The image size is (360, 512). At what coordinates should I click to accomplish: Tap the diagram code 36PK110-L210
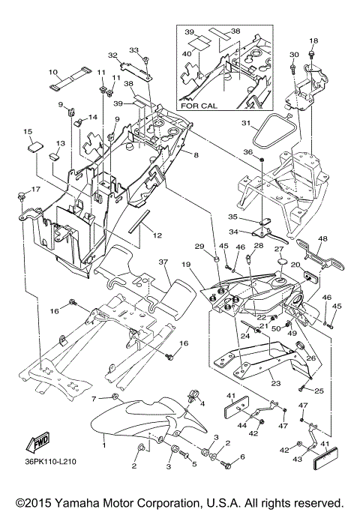50,462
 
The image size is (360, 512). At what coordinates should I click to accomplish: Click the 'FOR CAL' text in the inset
199,106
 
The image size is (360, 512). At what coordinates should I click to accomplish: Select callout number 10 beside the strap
53,72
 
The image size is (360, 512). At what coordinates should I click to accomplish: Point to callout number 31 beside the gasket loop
246,123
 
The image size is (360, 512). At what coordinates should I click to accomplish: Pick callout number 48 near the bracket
322,239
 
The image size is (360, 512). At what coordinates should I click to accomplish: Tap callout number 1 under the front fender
104,445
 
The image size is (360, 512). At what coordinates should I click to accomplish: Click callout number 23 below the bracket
276,383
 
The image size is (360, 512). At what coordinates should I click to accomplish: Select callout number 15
28,132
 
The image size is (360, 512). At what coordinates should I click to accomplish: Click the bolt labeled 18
313,53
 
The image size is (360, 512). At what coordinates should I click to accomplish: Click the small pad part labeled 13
54,157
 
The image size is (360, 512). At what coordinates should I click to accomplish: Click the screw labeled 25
301,388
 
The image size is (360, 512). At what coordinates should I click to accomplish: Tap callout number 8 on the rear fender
196,155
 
